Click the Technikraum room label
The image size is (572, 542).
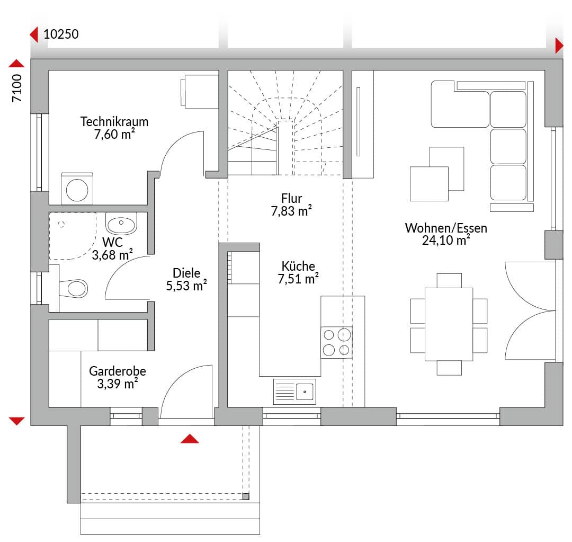pos(114,121)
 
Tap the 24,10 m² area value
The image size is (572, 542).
pos(446,240)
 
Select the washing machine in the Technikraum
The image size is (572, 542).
pos(77,189)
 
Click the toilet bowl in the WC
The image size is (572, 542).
pos(74,288)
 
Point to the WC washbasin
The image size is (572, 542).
pos(121,224)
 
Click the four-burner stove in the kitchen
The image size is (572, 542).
pos(336,342)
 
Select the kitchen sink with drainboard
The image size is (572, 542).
pos(294,392)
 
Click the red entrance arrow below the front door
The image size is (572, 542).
pos(190,438)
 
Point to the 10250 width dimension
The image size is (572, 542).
pos(61,34)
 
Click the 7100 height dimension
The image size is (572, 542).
pos(17,88)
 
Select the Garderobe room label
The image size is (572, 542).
pos(118,371)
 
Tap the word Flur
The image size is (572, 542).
pos(291,198)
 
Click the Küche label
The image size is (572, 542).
pos(298,266)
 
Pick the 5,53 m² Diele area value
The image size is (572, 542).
pos(186,286)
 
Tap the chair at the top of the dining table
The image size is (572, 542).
pos(449,281)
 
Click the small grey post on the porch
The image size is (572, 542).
pos(246,496)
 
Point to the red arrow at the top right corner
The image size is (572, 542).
pos(559,46)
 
